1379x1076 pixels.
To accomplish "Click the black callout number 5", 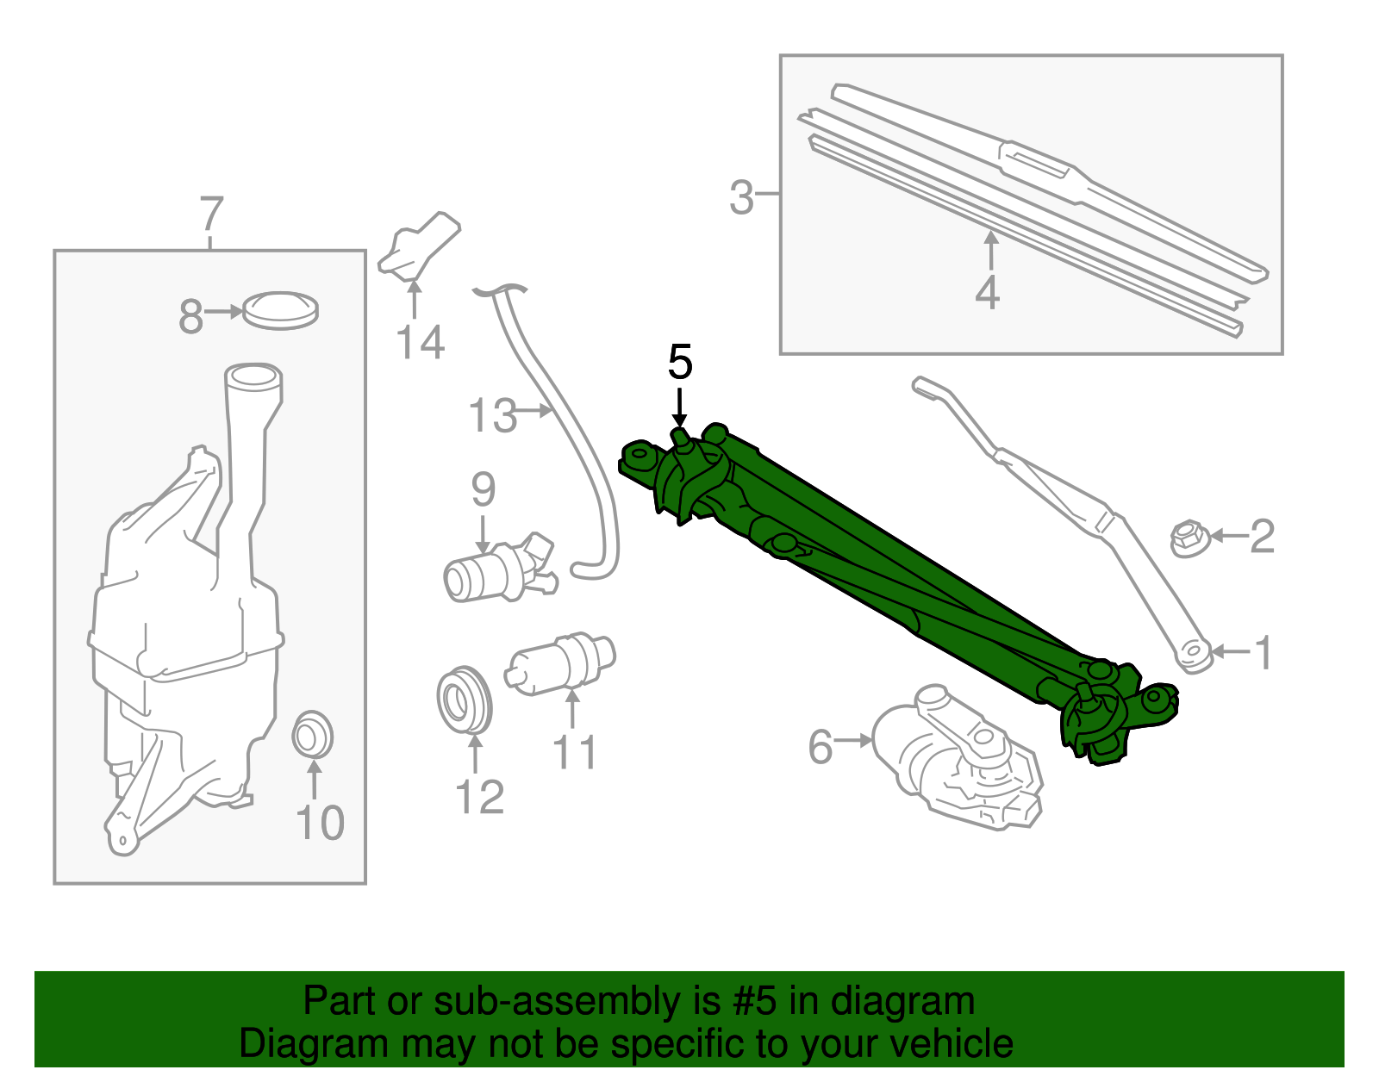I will [680, 363].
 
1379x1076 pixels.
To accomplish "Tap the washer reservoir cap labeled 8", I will [280, 310].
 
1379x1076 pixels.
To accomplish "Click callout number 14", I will [420, 343].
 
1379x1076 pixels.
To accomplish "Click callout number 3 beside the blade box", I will [741, 197].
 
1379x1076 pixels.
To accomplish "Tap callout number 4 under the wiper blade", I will [988, 293].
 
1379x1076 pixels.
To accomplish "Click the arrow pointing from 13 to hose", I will [535, 411].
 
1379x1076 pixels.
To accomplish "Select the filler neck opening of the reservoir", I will [253, 376].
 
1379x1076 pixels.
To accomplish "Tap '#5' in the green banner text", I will [754, 1001].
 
